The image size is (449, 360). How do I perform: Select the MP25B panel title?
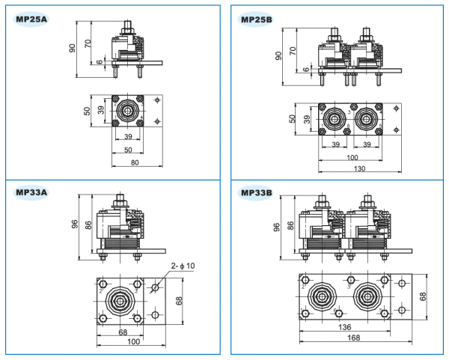pos(257,19)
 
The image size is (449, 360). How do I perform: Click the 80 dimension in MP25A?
pos(135,161)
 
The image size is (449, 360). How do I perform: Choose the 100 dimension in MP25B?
pos(351,157)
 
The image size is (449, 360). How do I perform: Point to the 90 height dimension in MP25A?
pos(73,48)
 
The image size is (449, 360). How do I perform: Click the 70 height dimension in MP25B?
pos(293,51)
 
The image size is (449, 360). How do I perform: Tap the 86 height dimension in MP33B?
pos(291,227)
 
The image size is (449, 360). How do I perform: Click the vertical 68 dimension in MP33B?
pos(424,296)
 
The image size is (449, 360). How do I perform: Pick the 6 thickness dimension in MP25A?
pos(100,63)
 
